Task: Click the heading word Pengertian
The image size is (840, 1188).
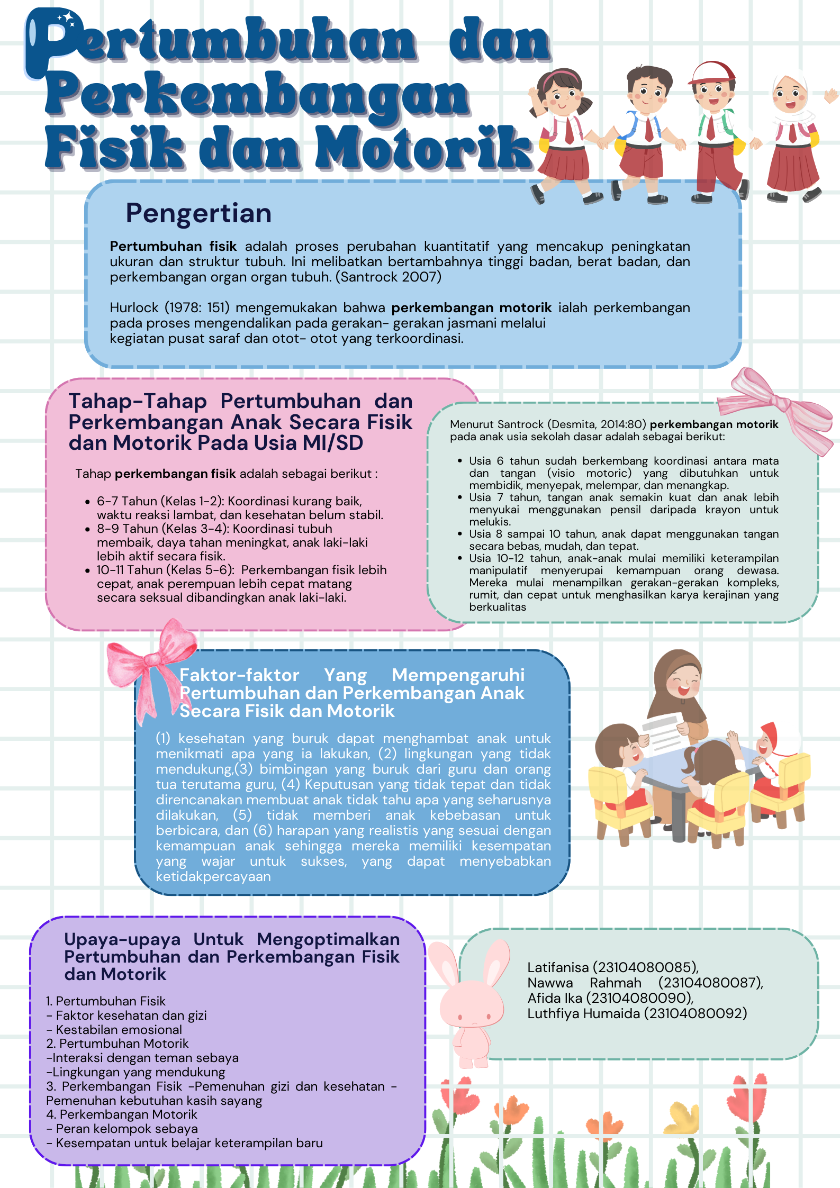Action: (x=198, y=213)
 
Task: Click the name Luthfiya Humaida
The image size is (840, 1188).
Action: (x=583, y=1013)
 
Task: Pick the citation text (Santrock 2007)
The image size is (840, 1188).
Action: (x=388, y=277)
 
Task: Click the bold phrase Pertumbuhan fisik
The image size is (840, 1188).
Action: (x=173, y=246)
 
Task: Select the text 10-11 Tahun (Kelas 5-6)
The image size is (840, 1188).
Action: (x=165, y=570)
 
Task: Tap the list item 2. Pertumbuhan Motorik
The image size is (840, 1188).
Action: (x=118, y=1044)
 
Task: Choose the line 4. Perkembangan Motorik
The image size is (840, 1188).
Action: (x=122, y=1114)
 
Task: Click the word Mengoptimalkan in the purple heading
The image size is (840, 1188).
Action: (x=328, y=939)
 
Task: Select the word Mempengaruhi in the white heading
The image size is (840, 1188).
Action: (x=458, y=675)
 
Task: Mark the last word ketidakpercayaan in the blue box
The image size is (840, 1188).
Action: (x=213, y=876)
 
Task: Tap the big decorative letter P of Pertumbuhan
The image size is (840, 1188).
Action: (x=53, y=42)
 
